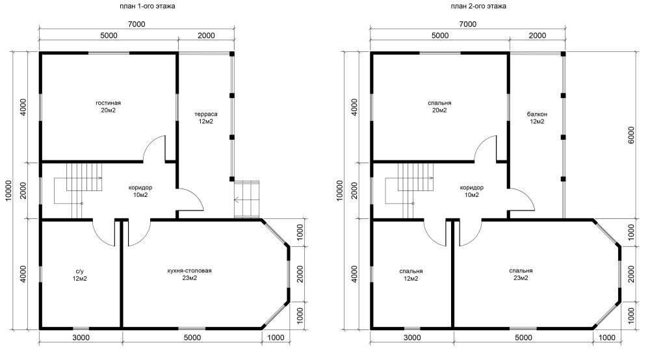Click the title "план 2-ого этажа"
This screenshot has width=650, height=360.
coord(478,6)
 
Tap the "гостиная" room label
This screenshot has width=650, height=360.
coord(108,103)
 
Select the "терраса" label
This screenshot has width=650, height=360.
coord(206,114)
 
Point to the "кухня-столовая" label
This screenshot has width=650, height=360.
coord(189,271)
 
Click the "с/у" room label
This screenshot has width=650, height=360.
coord(79,271)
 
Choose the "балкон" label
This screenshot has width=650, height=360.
coord(537,114)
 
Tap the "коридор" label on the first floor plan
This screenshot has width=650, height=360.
coord(140,188)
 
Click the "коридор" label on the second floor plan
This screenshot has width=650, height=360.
coord(472,188)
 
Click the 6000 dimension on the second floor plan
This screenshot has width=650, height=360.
coord(631,135)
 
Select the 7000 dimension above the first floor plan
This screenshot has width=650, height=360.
coord(136,24)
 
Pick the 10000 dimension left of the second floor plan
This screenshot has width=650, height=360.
coord(341,190)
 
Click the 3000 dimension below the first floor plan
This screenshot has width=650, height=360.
coord(81,337)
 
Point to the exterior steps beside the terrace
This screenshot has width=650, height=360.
coord(246,199)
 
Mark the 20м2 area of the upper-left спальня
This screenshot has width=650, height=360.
coord(439,110)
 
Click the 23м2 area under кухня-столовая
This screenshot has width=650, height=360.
coord(189,278)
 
